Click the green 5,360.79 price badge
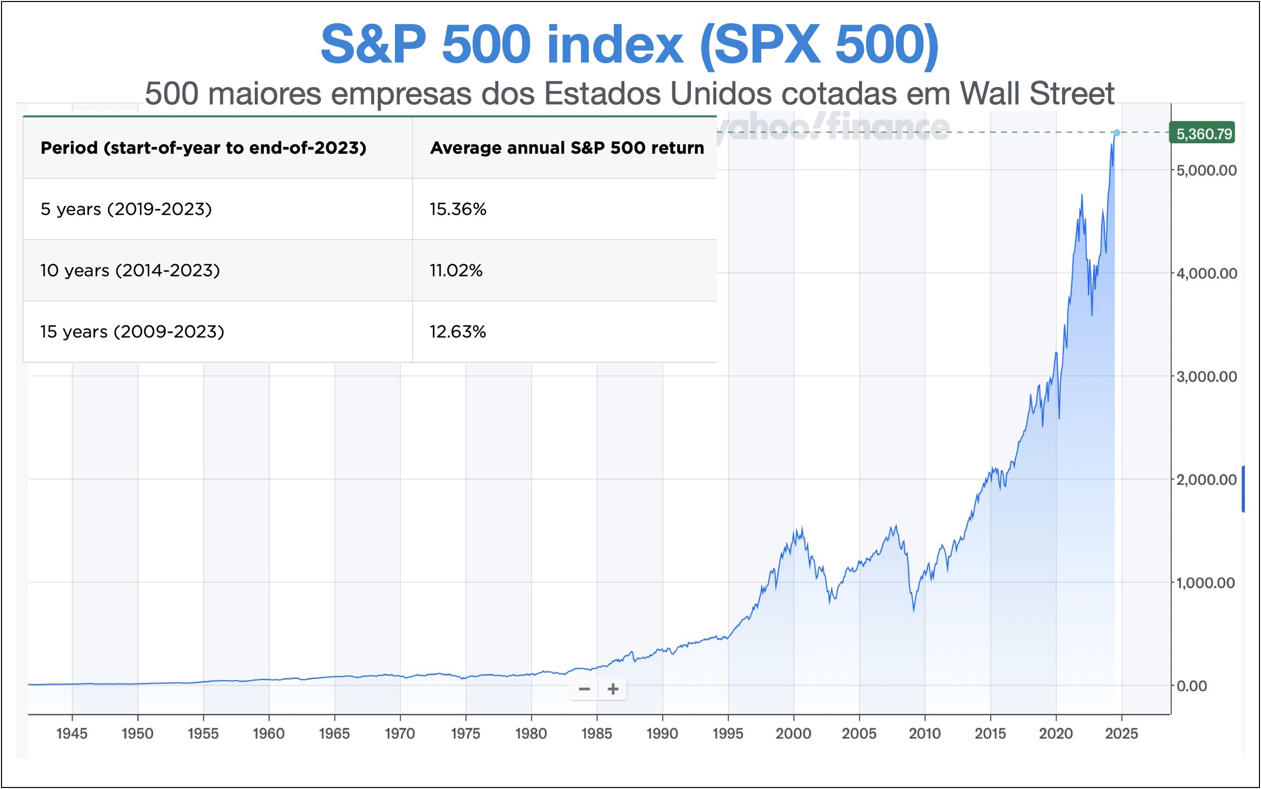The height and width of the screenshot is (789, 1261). click(1201, 134)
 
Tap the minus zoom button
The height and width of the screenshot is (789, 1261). click(584, 689)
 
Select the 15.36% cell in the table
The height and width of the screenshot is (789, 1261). click(457, 209)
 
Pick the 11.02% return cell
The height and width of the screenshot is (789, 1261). click(455, 270)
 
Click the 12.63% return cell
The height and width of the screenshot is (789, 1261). click(457, 331)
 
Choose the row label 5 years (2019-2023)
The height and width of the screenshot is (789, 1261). click(126, 209)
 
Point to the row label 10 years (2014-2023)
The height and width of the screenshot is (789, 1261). click(130, 270)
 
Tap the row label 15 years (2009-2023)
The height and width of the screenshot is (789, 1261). click(132, 331)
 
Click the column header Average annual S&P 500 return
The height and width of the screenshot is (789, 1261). click(566, 148)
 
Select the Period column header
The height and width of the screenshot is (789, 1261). click(203, 148)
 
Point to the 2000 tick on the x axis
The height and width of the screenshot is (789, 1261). click(793, 733)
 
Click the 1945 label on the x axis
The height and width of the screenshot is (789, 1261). click(72, 733)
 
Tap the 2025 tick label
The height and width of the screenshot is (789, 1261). click(1121, 733)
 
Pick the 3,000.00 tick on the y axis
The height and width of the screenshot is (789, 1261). click(1206, 376)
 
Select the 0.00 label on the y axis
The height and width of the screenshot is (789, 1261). click(1191, 686)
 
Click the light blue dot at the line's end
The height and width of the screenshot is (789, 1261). click(1116, 133)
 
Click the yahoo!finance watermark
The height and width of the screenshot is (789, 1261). click(835, 126)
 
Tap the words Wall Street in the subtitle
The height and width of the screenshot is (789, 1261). click(1037, 94)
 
